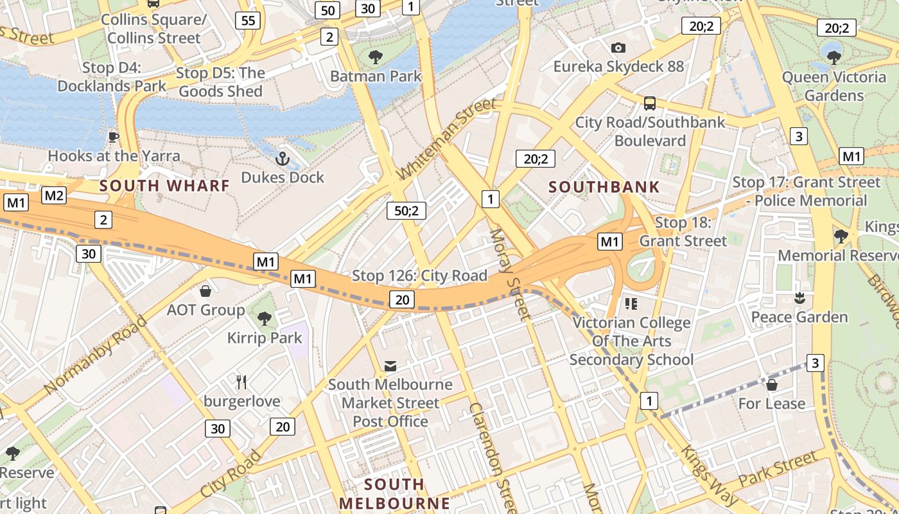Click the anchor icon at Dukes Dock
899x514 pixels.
[x=283, y=158]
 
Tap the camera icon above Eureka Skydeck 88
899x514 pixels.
[x=618, y=48]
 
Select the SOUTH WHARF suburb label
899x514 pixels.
[x=164, y=186]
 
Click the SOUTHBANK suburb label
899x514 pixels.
[x=604, y=187]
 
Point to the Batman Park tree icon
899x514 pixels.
[x=376, y=57]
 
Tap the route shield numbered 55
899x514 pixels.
[x=248, y=21]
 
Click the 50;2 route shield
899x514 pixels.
[x=406, y=210]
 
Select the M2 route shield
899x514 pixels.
[x=54, y=195]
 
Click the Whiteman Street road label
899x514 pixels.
[x=447, y=139]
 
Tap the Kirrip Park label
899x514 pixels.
[x=265, y=337]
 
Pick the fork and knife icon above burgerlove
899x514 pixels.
[x=241, y=382]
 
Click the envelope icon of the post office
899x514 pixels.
[x=390, y=366]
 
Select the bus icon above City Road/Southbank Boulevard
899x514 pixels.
[x=650, y=103]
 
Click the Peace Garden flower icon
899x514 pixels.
[x=799, y=298]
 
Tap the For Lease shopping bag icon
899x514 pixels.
[x=772, y=385]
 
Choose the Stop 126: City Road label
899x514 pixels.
[x=419, y=276]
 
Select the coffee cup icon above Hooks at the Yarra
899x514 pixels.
[x=114, y=137]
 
